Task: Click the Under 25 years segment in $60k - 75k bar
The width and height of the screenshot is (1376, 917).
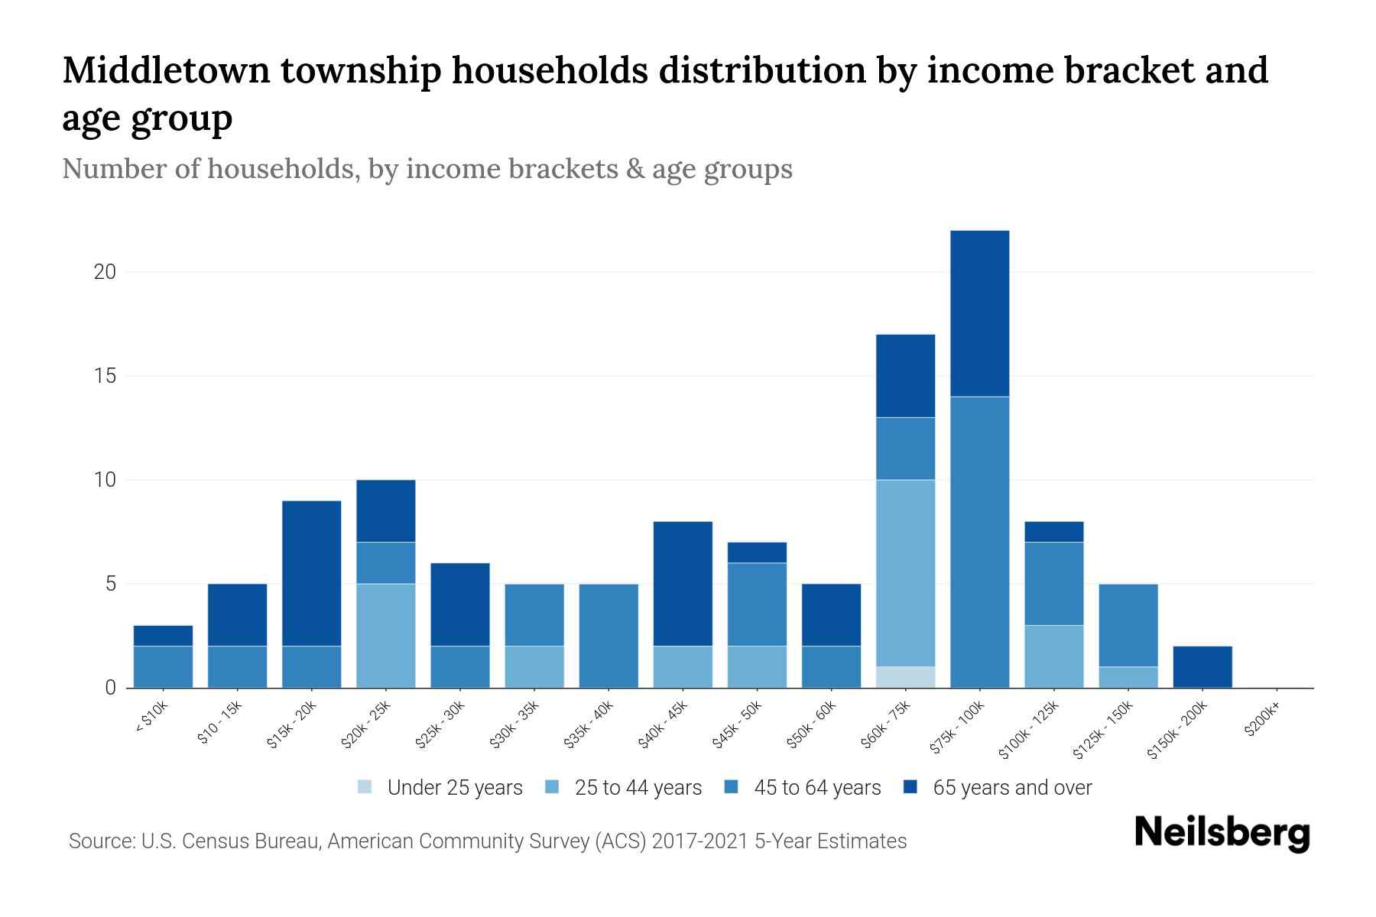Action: (x=905, y=677)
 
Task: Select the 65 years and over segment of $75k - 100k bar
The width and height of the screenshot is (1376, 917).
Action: (x=979, y=313)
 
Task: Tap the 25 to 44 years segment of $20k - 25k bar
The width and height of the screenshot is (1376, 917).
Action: (x=386, y=636)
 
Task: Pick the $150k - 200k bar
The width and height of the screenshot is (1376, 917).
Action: (x=1202, y=667)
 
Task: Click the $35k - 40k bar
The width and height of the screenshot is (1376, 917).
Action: (x=608, y=636)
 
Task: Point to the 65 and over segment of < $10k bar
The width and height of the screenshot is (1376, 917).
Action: (x=163, y=636)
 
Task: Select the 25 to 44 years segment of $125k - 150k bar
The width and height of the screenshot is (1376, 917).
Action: (x=1128, y=677)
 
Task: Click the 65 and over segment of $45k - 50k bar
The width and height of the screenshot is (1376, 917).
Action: (x=757, y=552)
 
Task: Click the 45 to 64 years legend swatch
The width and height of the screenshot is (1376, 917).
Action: (x=732, y=787)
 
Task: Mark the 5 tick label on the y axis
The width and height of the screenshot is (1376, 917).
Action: (x=110, y=585)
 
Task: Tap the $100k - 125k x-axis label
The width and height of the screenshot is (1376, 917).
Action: (x=1030, y=730)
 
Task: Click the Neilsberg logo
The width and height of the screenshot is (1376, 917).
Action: (x=1222, y=833)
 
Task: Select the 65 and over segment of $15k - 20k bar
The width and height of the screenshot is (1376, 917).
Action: (x=311, y=573)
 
